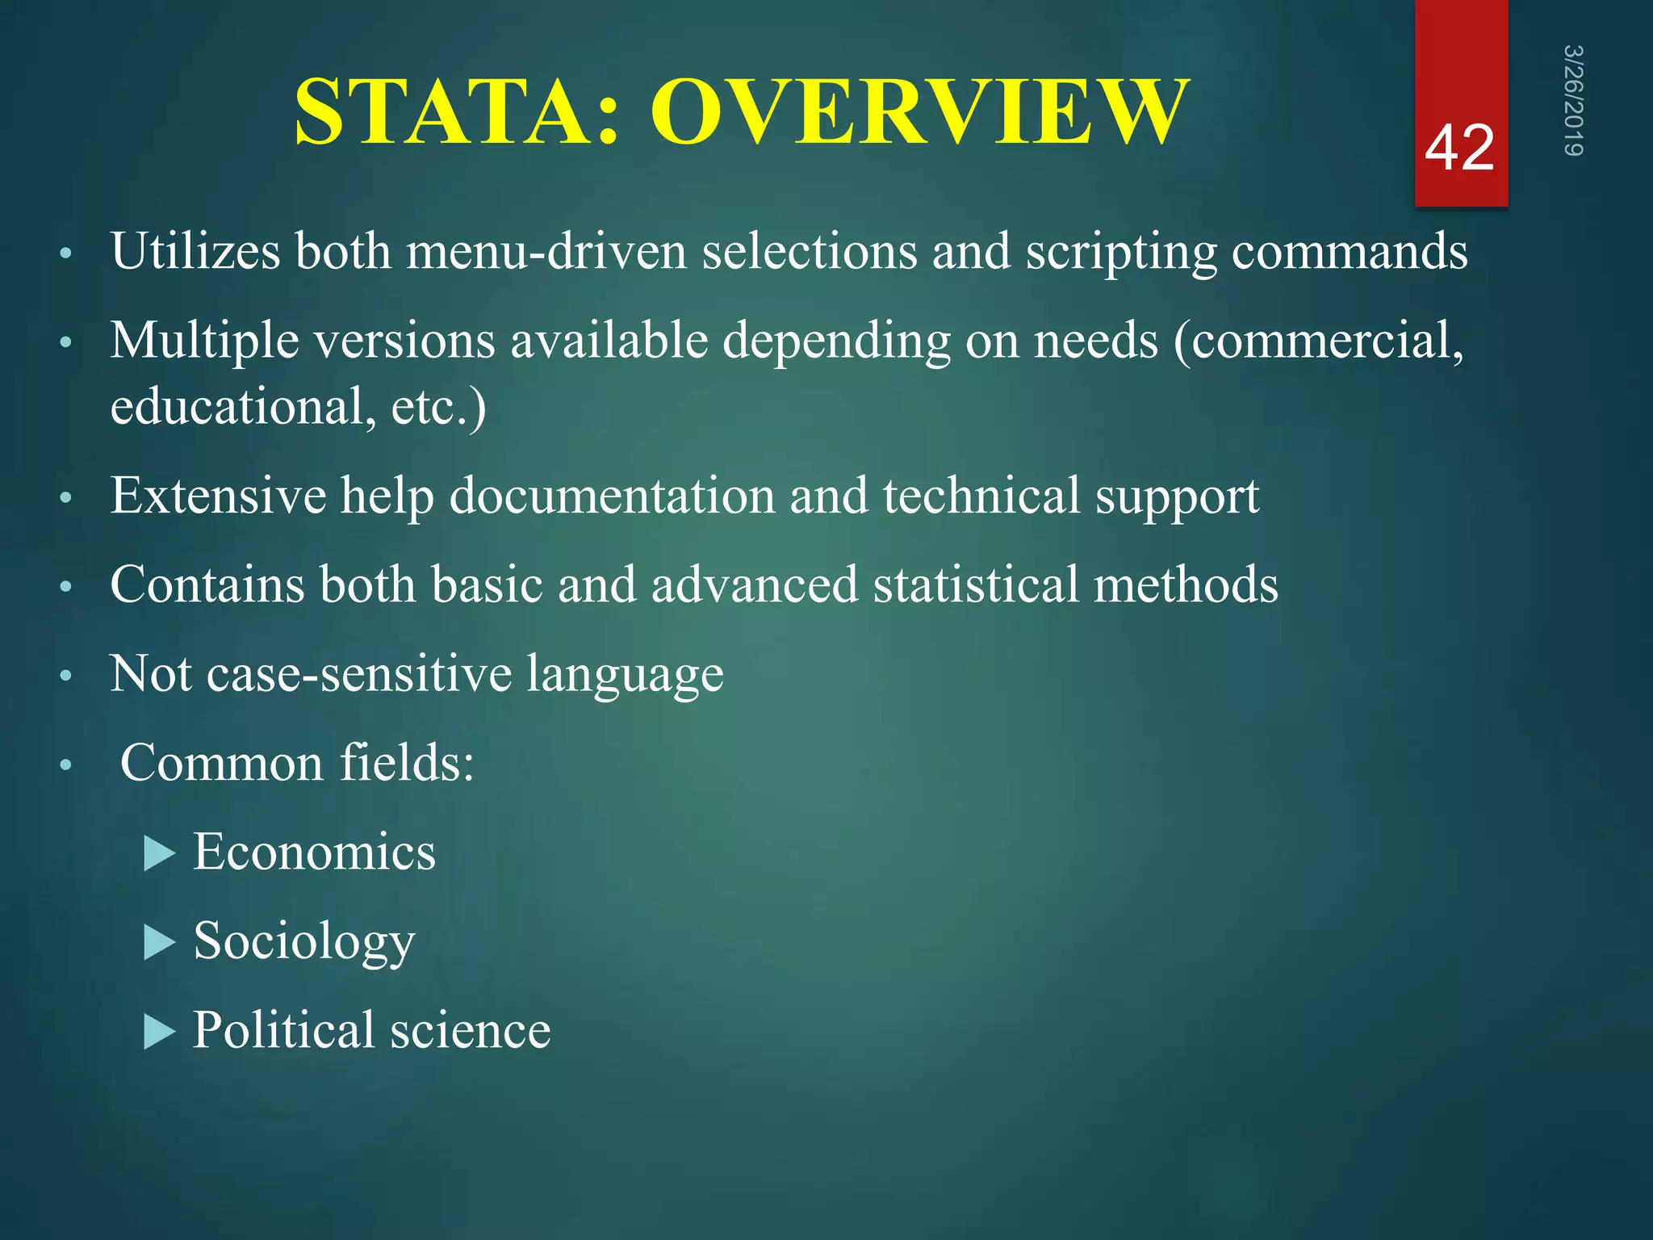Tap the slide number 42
1459,149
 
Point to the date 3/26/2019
1573,100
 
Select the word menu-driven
546,251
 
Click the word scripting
1121,253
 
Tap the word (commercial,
1318,341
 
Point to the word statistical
975,584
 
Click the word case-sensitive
359,673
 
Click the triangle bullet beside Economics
160,853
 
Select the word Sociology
303,942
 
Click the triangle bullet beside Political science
160,1032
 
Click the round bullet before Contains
66,586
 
